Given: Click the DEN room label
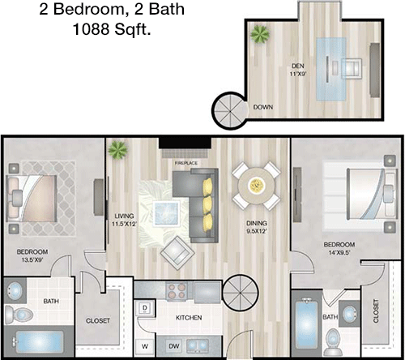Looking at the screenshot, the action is pos(298,66).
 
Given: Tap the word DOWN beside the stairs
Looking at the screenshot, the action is pos(262,107).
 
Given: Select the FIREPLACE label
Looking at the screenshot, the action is pos(186,163).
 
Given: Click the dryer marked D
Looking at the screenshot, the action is pos(145,308).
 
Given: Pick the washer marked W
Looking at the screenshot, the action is pos(145,346).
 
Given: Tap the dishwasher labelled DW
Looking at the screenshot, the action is pos(174,346).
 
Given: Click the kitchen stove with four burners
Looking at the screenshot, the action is pos(177,290).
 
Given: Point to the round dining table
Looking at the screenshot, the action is pos(256,186).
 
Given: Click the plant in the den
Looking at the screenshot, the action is pos(260,34).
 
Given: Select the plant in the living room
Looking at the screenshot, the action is pos(117,149).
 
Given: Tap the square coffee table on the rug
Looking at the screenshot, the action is pos(166,213).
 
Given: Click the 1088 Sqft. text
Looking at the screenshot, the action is pos(112,29).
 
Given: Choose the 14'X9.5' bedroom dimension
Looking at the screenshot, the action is pos(339,253).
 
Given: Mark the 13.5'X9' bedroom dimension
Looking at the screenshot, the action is pos(32,260).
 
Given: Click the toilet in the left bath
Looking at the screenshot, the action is pos(19,315).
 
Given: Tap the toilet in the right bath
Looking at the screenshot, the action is pos(333,342).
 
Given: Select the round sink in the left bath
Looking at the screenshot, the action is pos(15,291).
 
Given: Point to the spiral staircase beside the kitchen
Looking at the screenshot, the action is pos(241,293).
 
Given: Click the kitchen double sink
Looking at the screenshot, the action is pos(197,345).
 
